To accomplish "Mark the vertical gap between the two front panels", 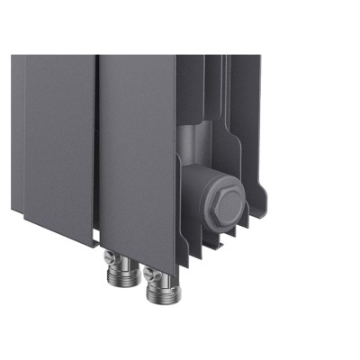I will click(96, 144).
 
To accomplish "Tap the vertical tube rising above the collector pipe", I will click(194, 99).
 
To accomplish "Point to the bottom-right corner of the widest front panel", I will click(175, 261).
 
